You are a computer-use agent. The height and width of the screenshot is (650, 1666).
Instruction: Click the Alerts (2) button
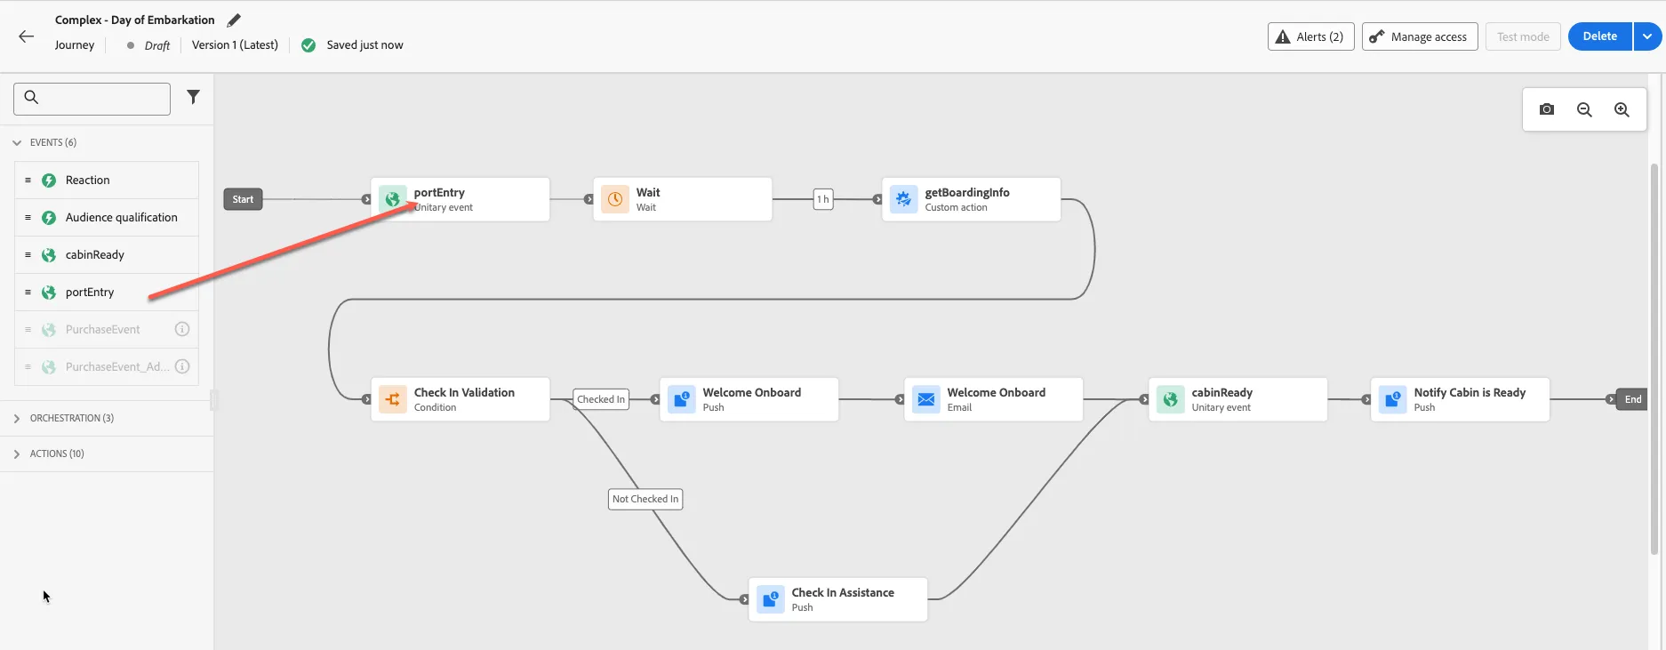point(1310,36)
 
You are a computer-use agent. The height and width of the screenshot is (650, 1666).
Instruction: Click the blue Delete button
point(1599,36)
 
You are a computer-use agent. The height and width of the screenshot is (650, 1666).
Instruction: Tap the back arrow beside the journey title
point(27,36)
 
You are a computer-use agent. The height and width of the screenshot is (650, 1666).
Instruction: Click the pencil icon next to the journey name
point(234,20)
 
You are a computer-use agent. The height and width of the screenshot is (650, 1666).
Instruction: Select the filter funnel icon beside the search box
point(193,97)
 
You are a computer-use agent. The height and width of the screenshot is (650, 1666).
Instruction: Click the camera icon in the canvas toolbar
point(1547,109)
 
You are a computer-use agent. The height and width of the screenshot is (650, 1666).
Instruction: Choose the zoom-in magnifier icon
point(1622,109)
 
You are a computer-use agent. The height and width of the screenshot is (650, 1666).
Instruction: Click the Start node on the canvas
point(243,199)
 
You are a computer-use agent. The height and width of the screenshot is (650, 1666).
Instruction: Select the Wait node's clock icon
point(614,199)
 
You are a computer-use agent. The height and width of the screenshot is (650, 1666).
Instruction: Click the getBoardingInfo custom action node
point(971,199)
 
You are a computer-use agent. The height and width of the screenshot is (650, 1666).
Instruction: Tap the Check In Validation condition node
point(460,399)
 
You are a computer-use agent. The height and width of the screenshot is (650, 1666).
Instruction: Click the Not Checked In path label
point(645,499)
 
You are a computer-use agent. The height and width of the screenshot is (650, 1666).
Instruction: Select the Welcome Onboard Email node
point(993,399)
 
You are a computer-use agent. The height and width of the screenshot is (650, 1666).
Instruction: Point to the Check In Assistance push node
point(837,599)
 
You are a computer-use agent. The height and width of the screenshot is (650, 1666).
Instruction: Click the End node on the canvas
point(1632,399)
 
